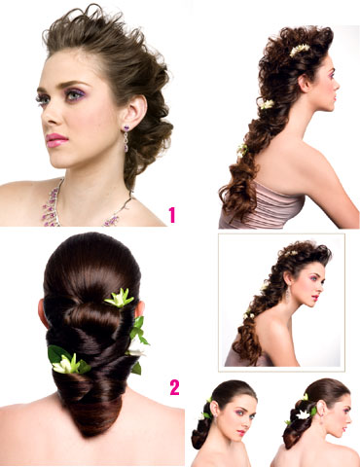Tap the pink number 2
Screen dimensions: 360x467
coord(174,387)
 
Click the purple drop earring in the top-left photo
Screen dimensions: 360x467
coord(126,138)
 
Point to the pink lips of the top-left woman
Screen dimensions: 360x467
coord(56,141)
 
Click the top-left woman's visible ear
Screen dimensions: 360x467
coord(134,110)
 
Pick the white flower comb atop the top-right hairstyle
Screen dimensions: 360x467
coord(300,50)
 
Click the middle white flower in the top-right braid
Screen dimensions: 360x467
coord(267,104)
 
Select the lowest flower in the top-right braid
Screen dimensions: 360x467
coord(242,150)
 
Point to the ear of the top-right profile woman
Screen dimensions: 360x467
coord(305,84)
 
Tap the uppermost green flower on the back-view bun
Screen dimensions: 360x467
coord(119,298)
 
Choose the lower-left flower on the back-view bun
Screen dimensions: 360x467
coord(69,361)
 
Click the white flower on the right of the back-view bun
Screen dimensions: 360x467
coord(137,348)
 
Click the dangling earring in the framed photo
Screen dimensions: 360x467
coord(287,295)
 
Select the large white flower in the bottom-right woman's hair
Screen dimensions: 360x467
coord(303,414)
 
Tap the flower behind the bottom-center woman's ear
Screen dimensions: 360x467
coord(205,414)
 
